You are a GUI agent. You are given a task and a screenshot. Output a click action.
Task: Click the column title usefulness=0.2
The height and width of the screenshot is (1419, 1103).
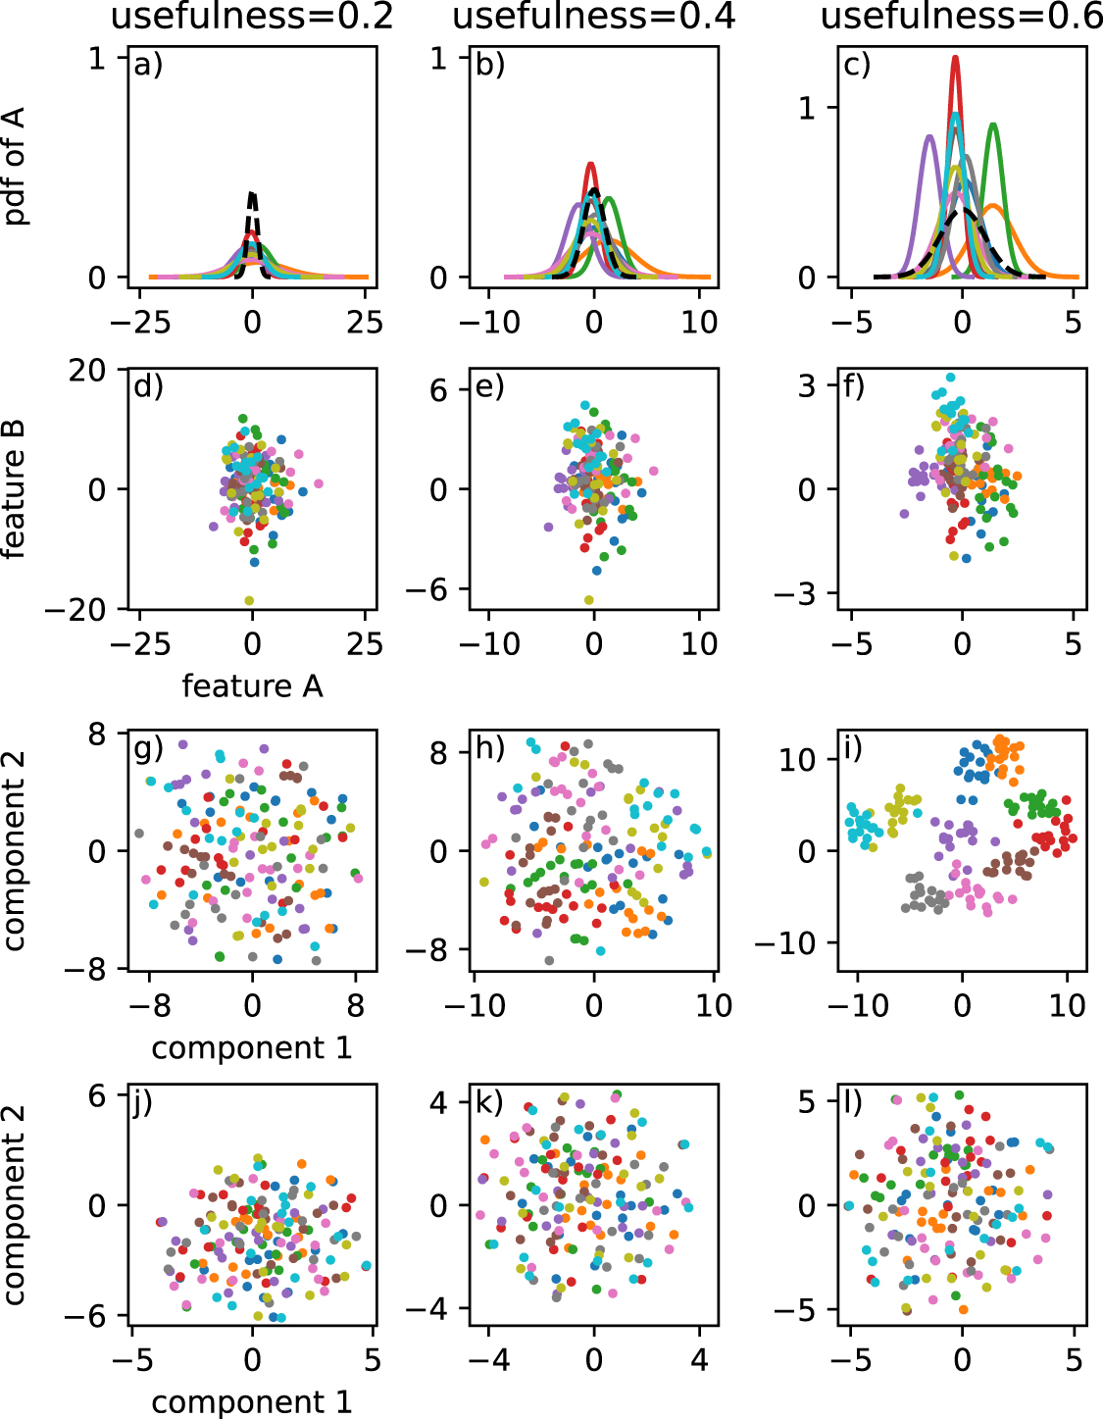[x=252, y=17]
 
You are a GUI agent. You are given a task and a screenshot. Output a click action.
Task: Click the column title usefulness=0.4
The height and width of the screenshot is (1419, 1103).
[x=593, y=17]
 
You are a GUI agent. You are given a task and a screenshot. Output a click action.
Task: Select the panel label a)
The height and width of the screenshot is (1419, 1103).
[x=148, y=65]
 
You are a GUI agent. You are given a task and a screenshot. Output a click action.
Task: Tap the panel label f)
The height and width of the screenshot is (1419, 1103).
[x=853, y=386]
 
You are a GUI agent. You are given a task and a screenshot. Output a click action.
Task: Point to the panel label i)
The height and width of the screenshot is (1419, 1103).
[x=852, y=748]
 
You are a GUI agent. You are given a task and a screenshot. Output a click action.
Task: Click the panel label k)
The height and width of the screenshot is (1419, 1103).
[x=489, y=1102]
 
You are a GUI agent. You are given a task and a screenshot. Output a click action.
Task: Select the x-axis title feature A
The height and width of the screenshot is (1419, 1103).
[x=252, y=685]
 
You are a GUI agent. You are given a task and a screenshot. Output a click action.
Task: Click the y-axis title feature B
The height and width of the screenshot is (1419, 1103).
[x=14, y=488]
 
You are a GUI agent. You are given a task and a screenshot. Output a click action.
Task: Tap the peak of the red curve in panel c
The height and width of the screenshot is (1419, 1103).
[x=954, y=58]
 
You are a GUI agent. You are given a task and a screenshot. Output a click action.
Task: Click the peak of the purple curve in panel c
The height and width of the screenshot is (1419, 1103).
[x=929, y=136]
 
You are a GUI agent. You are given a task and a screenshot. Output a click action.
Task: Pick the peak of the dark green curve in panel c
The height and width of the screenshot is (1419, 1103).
[x=993, y=125]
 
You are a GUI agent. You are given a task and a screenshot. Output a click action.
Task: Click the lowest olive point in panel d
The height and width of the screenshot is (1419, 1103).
[x=249, y=600]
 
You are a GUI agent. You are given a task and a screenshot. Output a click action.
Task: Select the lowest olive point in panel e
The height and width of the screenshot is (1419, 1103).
[x=589, y=600]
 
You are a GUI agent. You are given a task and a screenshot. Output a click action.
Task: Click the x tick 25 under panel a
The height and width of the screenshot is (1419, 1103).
[x=365, y=322]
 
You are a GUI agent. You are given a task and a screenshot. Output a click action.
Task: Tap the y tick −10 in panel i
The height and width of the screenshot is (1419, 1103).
[x=785, y=942]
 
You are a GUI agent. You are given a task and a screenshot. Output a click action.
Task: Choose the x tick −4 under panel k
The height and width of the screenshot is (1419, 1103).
[x=487, y=1360]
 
